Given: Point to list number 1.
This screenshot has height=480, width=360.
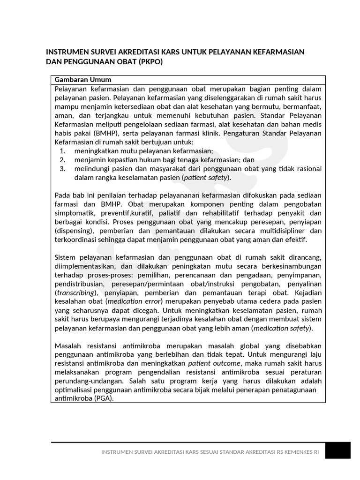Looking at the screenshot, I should [x=62, y=151].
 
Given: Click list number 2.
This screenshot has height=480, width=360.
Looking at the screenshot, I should [x=62, y=160].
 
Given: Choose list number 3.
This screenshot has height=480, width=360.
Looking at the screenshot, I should [x=62, y=169].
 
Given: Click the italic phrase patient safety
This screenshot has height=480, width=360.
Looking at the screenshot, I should [x=206, y=178].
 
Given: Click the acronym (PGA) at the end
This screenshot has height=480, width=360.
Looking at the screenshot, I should [x=103, y=398].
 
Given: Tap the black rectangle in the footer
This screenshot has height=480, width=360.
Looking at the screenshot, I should [x=338, y=451].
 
